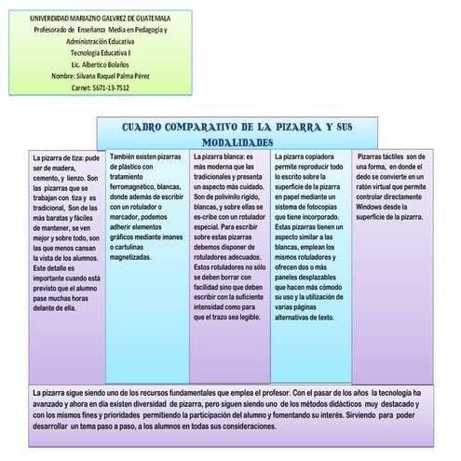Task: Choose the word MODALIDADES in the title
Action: (x=237, y=142)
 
